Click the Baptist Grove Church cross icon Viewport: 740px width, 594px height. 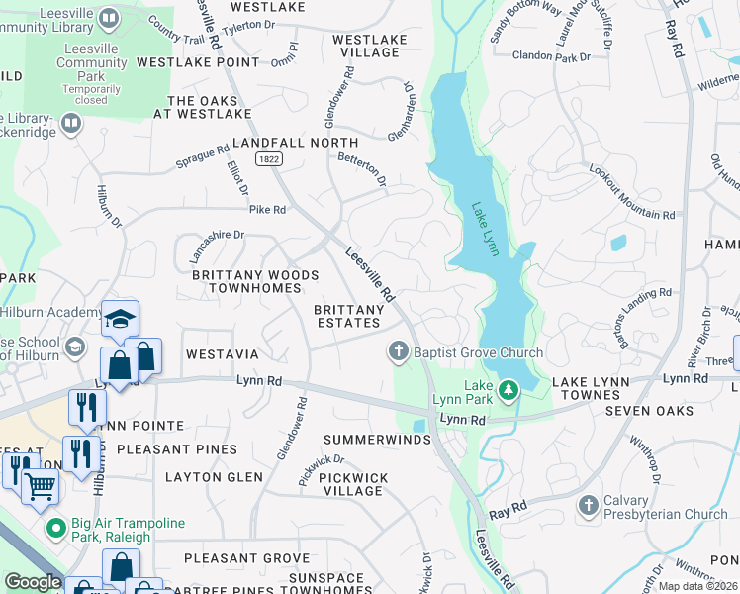pyautogui.click(x=398, y=352)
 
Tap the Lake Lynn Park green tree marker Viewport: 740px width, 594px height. pyautogui.click(x=509, y=390)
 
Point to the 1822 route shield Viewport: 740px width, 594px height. pyautogui.click(x=267, y=158)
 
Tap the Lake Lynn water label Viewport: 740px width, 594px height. pyautogui.click(x=485, y=229)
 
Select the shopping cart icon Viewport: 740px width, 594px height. pyautogui.click(x=40, y=485)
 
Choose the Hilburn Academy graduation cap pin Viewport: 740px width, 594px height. pyautogui.click(x=120, y=318)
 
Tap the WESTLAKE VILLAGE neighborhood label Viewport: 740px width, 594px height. pyautogui.click(x=369, y=46)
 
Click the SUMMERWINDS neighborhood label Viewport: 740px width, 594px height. pyautogui.click(x=378, y=439)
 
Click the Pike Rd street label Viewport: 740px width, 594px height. pyautogui.click(x=267, y=210)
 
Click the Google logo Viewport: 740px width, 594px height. pyautogui.click(x=33, y=582)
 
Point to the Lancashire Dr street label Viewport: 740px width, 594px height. pyautogui.click(x=216, y=247)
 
